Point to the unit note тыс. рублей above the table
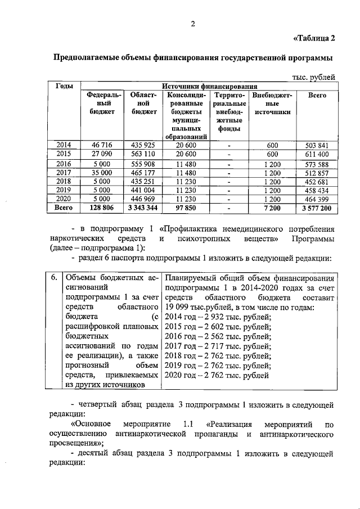(314, 77)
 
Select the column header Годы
(64, 86)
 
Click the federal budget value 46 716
(102, 145)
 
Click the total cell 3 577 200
(317, 208)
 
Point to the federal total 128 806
(102, 208)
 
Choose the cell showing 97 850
(185, 208)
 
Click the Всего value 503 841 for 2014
(317, 145)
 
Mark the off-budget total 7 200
(272, 208)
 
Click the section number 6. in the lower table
(52, 277)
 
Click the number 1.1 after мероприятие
(191, 424)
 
